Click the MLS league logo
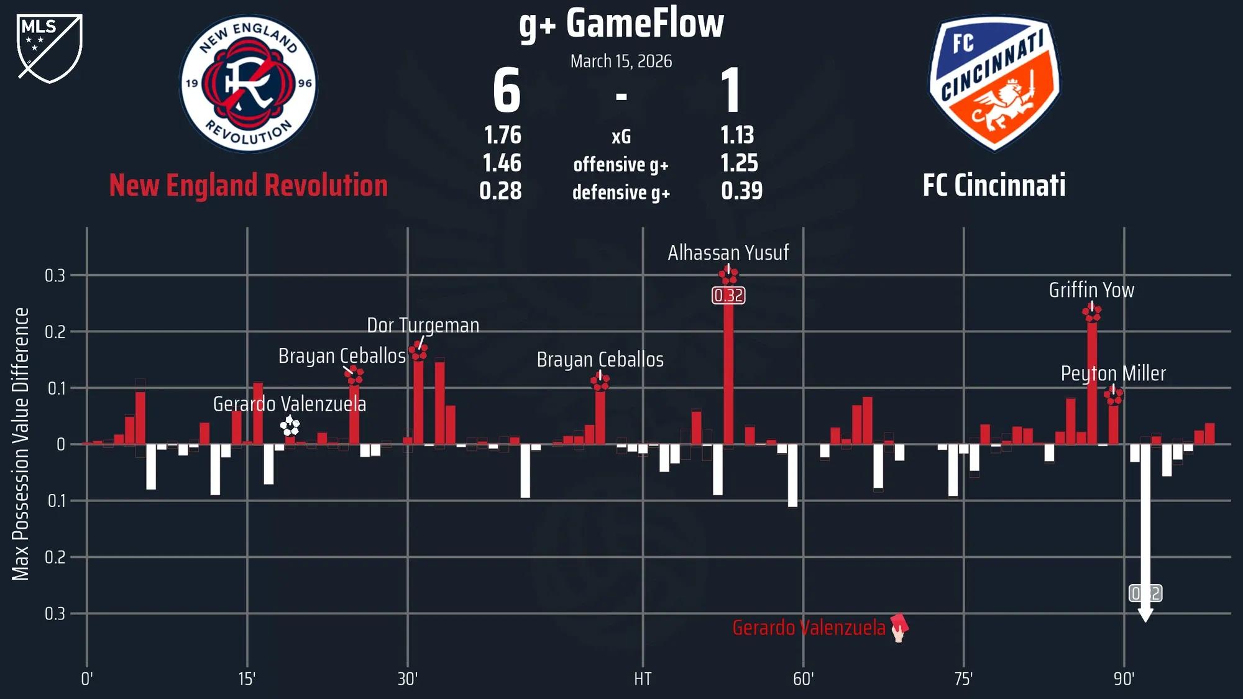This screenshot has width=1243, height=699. click(x=50, y=48)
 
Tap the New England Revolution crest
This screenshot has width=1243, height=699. click(x=249, y=84)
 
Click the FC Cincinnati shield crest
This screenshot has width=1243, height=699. click(x=994, y=84)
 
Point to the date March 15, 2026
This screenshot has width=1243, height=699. click(x=621, y=61)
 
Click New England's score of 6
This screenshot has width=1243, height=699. click(x=507, y=91)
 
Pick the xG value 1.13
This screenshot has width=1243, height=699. click(x=737, y=135)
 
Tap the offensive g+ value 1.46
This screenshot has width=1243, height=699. click(x=502, y=163)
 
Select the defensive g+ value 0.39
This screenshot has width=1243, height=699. click(x=741, y=191)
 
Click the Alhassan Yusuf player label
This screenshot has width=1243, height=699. click(x=728, y=253)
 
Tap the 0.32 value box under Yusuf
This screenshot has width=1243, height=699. click(x=728, y=295)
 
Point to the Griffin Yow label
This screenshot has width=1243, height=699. click(x=1091, y=290)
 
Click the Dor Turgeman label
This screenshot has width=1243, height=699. click(x=423, y=326)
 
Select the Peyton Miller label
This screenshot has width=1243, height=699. click(x=1113, y=373)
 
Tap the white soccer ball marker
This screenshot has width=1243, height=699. click(x=290, y=426)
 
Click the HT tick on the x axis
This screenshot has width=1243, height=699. click(x=643, y=678)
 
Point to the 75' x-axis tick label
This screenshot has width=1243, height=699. click(x=963, y=678)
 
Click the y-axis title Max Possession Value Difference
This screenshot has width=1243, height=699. click(x=21, y=444)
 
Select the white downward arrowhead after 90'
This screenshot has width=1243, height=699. click(x=1145, y=615)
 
